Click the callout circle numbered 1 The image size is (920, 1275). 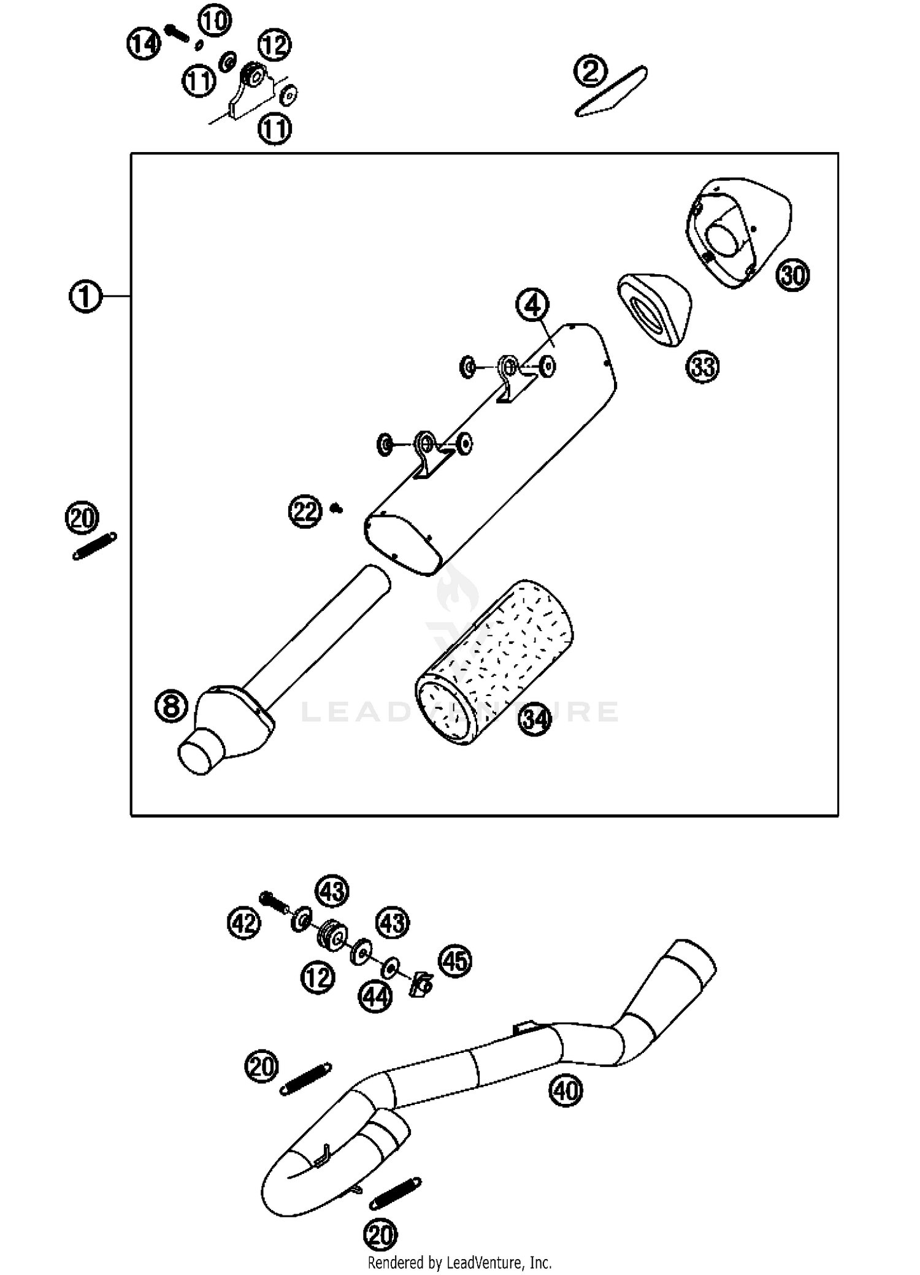pos(85,297)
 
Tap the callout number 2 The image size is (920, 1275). pos(590,71)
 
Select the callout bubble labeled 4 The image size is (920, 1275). pos(532,305)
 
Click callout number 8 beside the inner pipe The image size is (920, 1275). pos(171,705)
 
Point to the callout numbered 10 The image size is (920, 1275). pos(214,20)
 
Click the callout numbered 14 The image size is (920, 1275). pos(144,44)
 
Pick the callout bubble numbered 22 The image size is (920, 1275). pos(305,511)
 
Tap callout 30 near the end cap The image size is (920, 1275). pos(793,275)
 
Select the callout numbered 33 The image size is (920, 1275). pos(702,367)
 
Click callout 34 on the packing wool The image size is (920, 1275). pos(535,719)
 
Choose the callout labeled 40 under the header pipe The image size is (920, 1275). pos(565,1090)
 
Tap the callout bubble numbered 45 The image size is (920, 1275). pos(454,961)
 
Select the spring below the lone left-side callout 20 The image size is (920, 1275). pos(94,546)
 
